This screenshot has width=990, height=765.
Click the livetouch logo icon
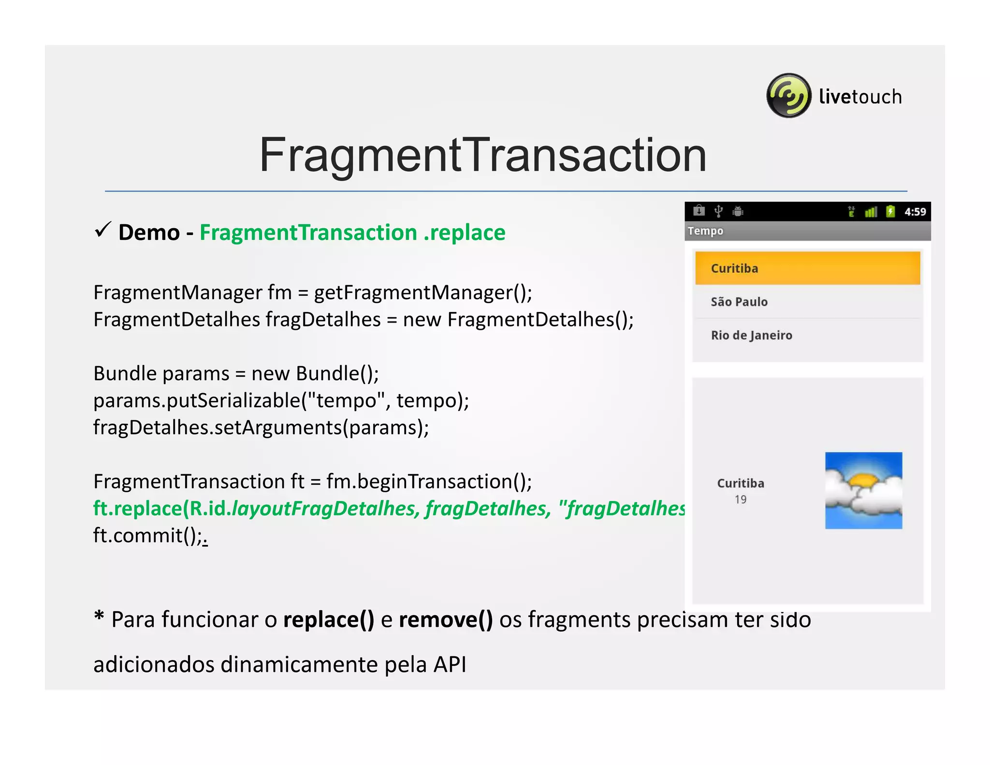point(788,96)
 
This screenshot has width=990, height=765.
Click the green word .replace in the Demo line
point(465,233)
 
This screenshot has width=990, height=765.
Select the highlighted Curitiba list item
point(807,268)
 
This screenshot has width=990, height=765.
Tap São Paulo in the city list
point(739,302)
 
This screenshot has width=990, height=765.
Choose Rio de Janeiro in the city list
point(751,335)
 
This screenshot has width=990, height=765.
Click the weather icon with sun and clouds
point(863,490)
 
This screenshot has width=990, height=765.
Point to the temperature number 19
point(741,500)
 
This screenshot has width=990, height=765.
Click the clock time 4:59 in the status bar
point(915,212)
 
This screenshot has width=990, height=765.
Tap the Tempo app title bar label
point(705,231)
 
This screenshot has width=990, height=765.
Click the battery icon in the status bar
point(890,211)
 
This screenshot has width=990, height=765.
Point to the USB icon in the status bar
point(719,211)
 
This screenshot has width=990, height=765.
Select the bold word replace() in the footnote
point(329,619)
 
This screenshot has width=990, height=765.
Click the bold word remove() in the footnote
point(446,619)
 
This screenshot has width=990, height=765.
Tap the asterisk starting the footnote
point(99,617)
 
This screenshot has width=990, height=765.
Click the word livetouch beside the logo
point(860,97)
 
